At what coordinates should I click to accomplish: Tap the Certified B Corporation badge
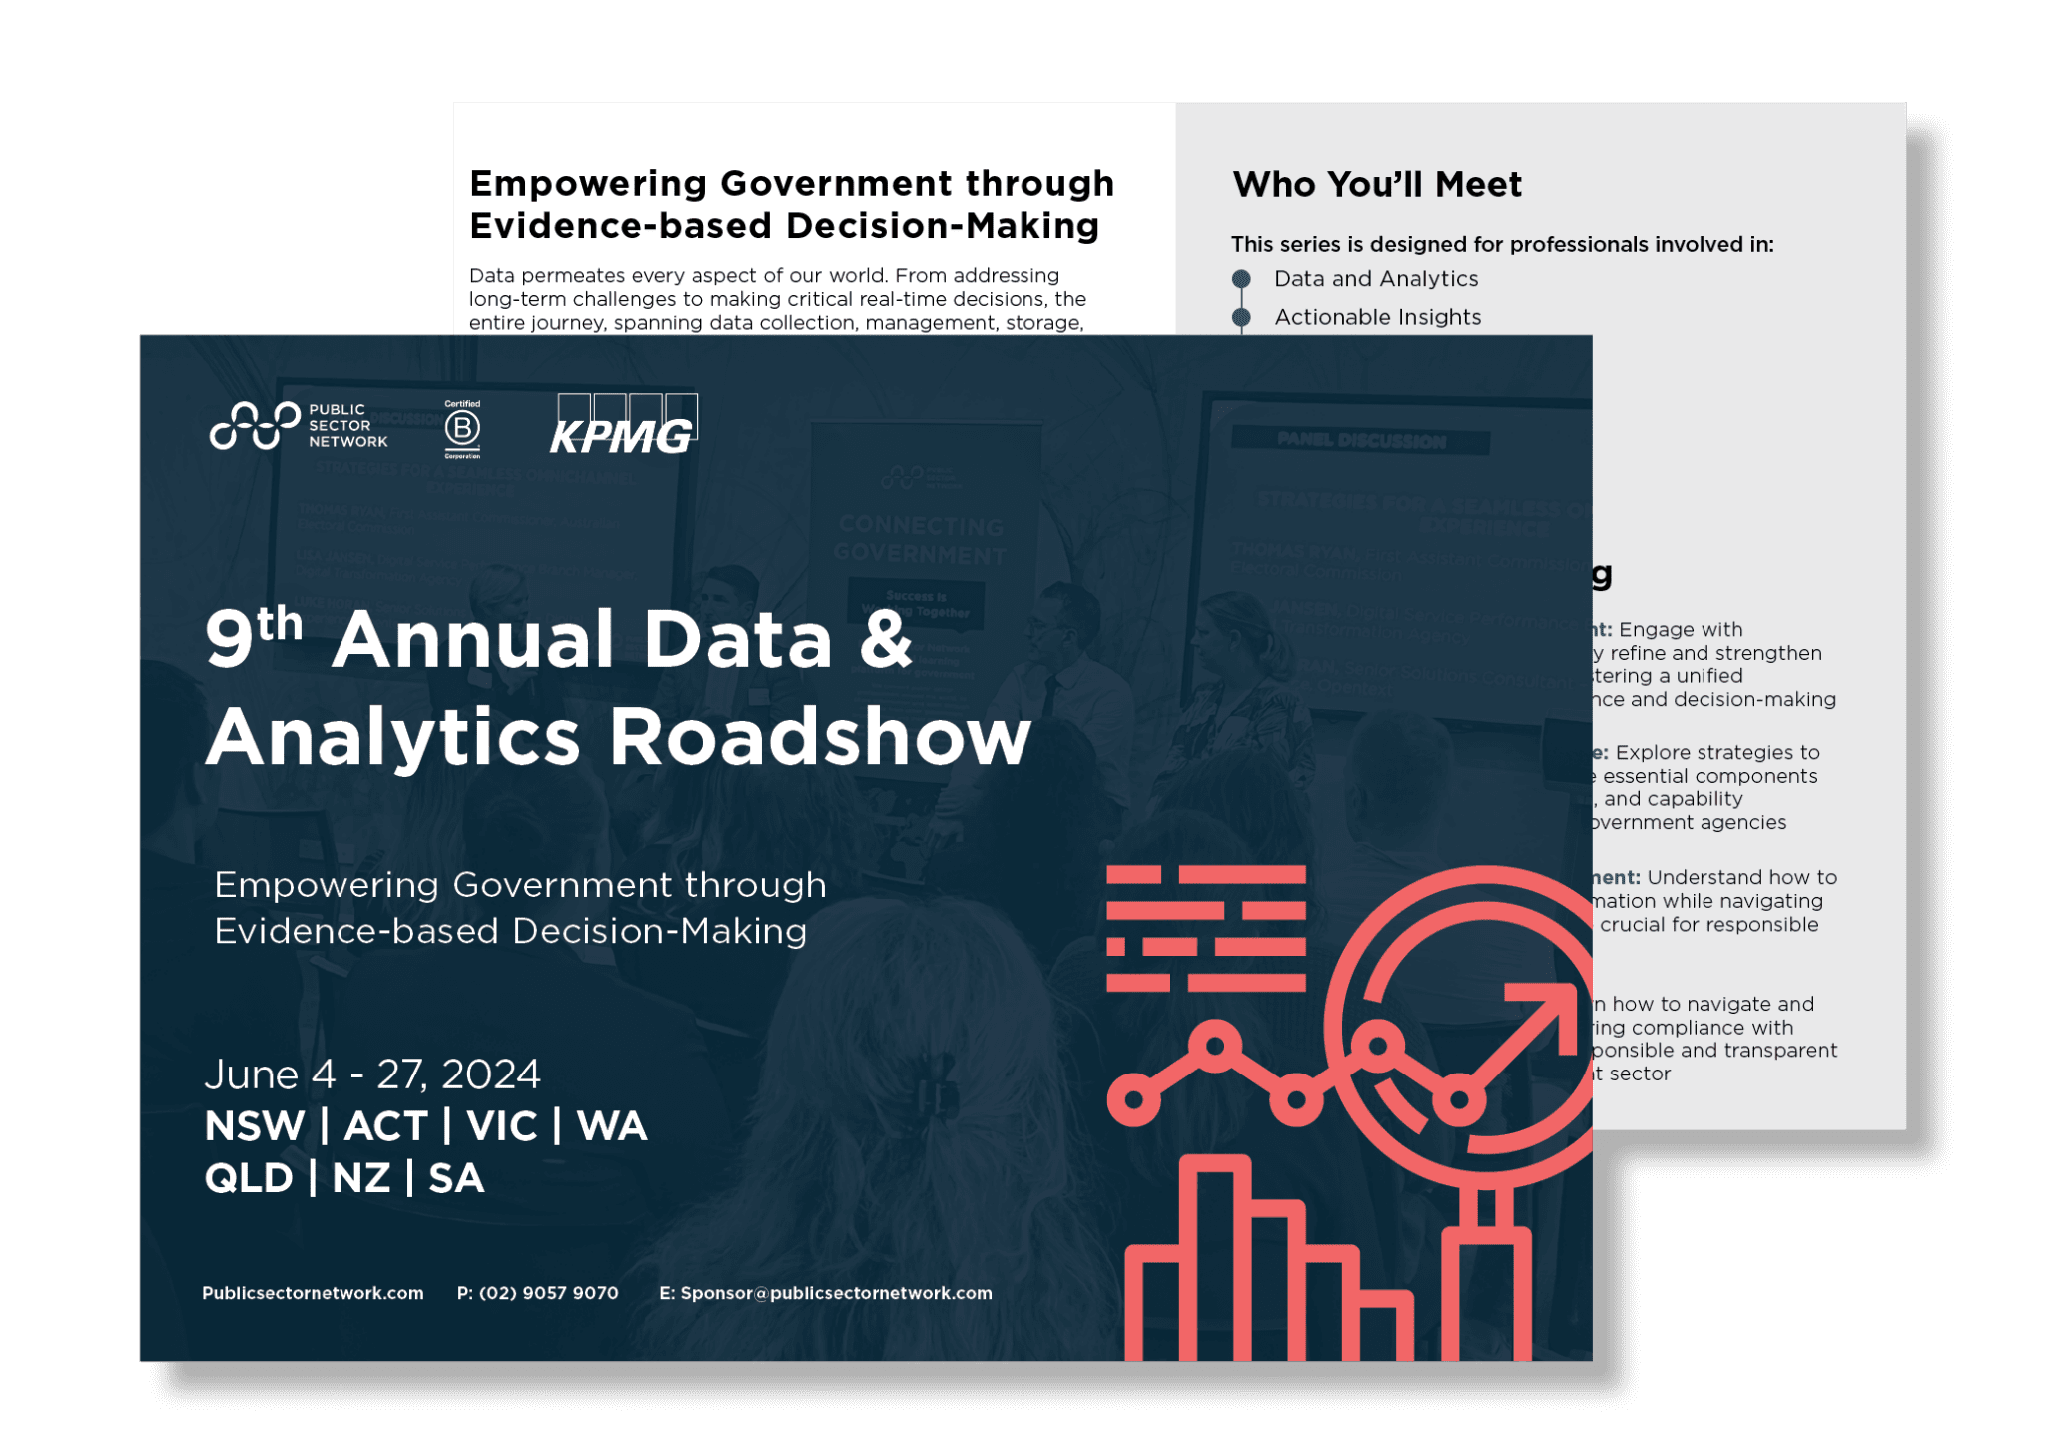coord(462,429)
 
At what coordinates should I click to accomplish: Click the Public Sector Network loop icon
coord(255,426)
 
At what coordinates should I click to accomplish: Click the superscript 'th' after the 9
coord(280,623)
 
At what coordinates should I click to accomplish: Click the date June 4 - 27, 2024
coord(372,1074)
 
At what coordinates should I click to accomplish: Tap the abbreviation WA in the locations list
coord(612,1126)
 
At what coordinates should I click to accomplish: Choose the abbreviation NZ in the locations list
coord(360,1178)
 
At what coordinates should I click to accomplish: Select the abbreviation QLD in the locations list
coord(249,1178)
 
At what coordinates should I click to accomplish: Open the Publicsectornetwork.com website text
coord(313,1293)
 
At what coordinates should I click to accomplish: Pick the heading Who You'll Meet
coord(1377,185)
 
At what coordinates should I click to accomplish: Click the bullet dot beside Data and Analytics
coord(1241,279)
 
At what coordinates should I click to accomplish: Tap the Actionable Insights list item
coord(1377,317)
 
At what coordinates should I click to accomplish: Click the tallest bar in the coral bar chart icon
coord(1215,1258)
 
